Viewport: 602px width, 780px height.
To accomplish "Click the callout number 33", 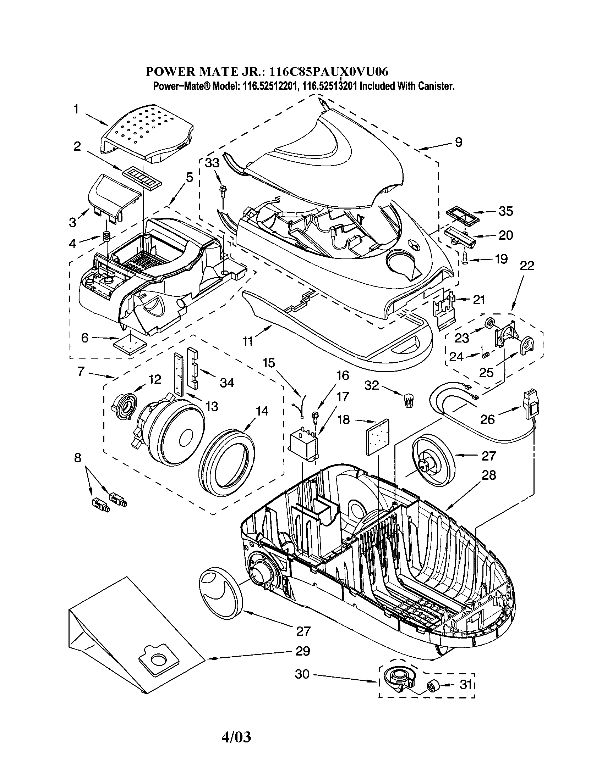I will [212, 163].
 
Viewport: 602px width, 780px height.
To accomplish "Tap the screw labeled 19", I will [465, 258].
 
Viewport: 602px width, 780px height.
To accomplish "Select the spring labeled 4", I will [106, 236].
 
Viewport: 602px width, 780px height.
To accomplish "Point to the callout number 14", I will [262, 411].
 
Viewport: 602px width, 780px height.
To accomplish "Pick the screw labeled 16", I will [316, 416].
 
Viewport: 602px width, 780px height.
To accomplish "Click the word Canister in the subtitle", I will [438, 87].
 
